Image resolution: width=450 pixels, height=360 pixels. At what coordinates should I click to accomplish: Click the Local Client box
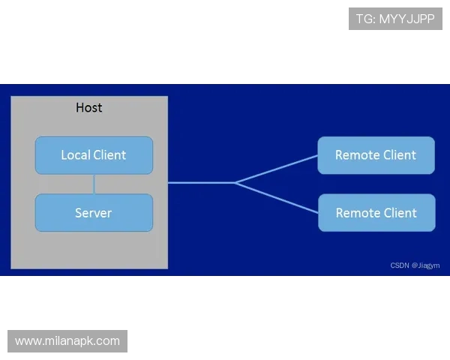(94, 155)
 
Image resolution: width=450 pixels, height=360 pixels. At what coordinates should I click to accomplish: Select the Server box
(94, 213)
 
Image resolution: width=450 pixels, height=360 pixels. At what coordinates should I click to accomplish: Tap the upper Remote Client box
(376, 155)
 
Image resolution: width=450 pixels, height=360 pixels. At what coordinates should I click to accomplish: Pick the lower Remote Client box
(376, 213)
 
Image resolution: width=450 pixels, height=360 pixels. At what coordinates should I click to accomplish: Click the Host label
(89, 108)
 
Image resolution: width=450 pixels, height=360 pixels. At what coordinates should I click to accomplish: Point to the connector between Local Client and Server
(94, 184)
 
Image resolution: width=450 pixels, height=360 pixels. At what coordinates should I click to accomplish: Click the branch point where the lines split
(235, 182)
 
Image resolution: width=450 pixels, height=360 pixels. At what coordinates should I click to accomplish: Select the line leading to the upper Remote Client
(276, 169)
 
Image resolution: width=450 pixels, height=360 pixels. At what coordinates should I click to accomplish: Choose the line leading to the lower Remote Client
(276, 196)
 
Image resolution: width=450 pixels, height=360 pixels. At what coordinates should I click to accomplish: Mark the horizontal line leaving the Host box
(201, 182)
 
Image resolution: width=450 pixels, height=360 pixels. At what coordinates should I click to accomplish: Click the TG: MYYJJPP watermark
(395, 19)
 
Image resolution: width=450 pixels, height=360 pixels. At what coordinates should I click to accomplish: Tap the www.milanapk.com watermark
(67, 341)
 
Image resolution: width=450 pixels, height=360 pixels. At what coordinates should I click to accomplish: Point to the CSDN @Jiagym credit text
(415, 265)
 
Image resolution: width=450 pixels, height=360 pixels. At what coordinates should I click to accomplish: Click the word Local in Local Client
(76, 155)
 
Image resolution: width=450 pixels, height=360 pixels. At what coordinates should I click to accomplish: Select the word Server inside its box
(94, 213)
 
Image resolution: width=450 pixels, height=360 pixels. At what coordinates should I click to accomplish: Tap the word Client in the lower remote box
(400, 213)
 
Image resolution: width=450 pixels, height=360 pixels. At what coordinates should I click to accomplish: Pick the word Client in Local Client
(109, 155)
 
